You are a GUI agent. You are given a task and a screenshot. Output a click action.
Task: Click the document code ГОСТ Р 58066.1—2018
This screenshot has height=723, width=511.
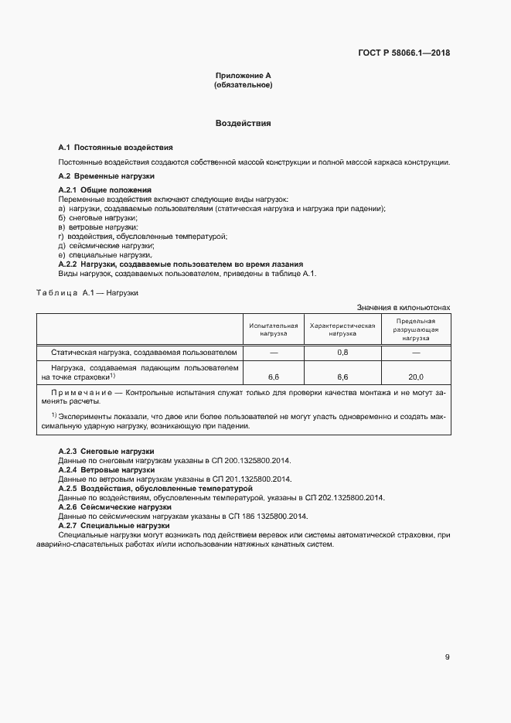404,53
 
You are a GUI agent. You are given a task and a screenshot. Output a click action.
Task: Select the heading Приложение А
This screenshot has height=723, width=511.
243,76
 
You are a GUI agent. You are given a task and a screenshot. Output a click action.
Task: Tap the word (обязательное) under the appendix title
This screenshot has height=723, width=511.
243,85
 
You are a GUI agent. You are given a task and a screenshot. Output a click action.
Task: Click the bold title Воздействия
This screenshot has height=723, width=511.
243,123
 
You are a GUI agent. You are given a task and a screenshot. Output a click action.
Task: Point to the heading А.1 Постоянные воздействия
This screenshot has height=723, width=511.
116,147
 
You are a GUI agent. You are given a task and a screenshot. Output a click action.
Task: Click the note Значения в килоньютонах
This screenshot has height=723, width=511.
403,308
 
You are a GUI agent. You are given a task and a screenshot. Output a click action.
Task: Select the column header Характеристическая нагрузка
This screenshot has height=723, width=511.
342,329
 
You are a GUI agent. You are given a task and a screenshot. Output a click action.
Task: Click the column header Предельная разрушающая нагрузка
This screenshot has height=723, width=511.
415,329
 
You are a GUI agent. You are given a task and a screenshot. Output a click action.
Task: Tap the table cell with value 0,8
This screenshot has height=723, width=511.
342,353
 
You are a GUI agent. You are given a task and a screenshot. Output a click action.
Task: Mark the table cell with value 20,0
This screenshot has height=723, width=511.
415,377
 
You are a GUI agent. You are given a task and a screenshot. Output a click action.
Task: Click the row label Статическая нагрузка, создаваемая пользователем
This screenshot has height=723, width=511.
143,353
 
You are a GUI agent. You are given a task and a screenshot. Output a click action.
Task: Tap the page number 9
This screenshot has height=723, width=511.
448,657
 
